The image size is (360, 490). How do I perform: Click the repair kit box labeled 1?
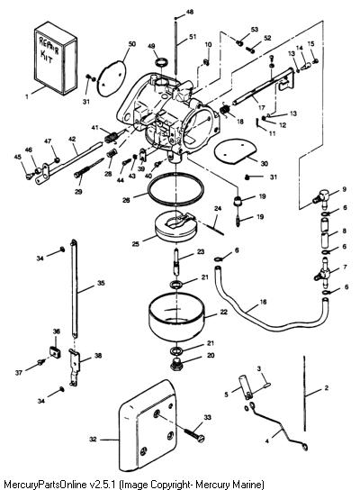point(56,58)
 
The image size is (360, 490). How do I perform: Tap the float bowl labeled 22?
point(176,318)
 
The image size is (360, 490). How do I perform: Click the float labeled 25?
point(176,227)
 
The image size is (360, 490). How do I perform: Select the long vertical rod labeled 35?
point(74,288)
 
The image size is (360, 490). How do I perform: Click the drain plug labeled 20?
point(176,365)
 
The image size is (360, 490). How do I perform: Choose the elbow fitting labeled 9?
point(321,197)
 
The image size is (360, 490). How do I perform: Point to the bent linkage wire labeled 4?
point(279,429)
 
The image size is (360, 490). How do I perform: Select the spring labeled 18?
point(224,111)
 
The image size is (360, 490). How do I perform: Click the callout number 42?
point(72,139)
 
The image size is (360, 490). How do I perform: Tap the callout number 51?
point(193,37)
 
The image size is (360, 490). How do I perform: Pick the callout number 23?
point(201,251)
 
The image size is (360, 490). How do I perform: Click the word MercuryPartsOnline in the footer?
point(45,484)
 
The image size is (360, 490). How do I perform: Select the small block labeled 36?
point(55,352)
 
